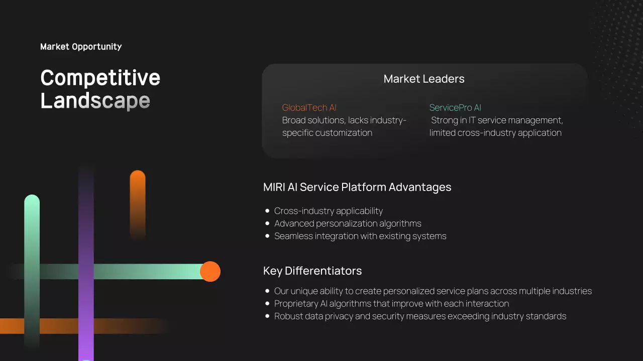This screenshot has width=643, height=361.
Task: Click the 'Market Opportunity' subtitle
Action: pos(81,47)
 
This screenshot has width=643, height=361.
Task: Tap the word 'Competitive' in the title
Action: pos(100,78)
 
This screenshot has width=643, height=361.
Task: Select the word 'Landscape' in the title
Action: pos(95,100)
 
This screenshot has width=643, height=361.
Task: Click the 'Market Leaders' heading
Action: pos(423,79)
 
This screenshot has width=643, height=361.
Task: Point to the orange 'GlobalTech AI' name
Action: pos(309,108)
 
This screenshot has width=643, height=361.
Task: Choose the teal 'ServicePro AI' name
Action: pos(455,108)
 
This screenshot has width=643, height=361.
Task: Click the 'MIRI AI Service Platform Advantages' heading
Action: pos(357,187)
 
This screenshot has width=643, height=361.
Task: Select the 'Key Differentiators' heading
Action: pos(312,271)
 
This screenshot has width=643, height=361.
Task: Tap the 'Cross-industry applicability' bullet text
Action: pos(329,211)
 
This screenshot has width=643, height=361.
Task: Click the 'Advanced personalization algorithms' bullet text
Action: pos(348,224)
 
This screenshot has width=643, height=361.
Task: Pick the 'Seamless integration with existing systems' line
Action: pos(360,236)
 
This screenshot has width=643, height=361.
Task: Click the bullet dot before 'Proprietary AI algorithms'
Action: pos(267,304)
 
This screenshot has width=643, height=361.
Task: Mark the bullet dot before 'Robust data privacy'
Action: pos(267,316)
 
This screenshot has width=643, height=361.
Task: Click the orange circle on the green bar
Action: pos(210,271)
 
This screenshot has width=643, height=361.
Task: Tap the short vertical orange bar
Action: pos(138,203)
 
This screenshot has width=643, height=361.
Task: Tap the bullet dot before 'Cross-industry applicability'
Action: pos(267,211)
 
